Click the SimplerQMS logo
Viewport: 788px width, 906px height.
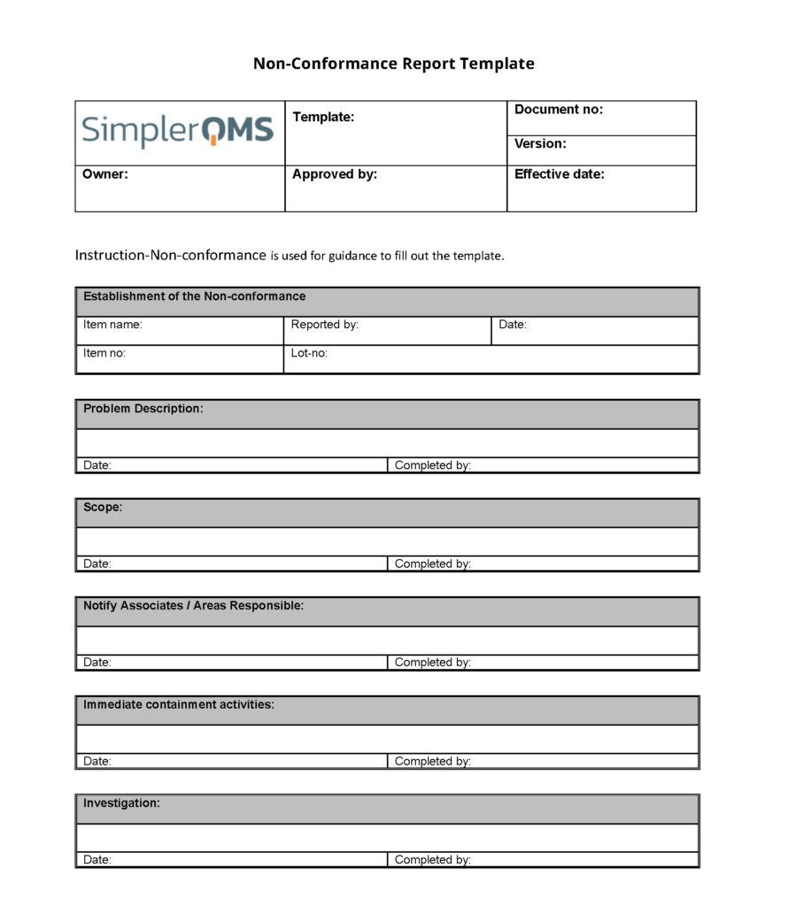178,131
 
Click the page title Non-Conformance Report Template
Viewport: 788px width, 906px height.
394,64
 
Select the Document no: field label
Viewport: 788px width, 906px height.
559,110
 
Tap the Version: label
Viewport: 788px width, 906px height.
540,143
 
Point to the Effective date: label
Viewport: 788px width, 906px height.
560,174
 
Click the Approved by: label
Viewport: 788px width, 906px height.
335,174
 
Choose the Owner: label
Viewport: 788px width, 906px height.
105,174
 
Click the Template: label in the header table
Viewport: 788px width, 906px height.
323,117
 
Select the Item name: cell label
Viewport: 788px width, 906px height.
112,325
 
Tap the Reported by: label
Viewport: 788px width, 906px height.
325,325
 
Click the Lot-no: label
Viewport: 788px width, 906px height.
310,353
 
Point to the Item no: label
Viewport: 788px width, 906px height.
104,353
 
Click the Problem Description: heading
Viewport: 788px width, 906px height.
143,409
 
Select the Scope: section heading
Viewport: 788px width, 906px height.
103,508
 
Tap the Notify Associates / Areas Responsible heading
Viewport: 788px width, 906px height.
193,606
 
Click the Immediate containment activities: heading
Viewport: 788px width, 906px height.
179,705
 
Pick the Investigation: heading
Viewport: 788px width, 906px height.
121,803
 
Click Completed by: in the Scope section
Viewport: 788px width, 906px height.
432,564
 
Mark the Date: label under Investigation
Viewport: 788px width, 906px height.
97,860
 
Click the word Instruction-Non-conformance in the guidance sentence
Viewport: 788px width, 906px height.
170,256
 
